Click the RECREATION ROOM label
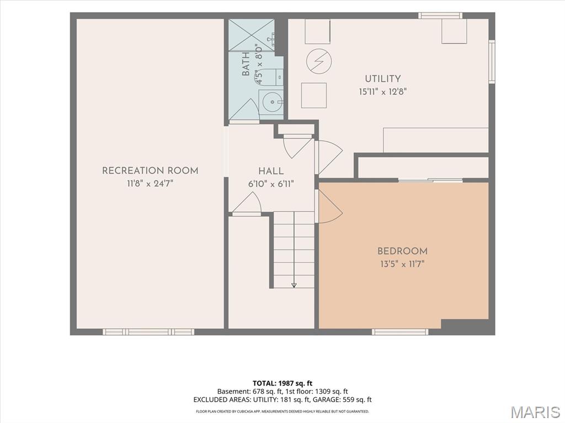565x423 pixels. click(x=150, y=170)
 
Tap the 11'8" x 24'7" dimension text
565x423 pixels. click(x=150, y=184)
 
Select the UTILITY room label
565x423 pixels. click(x=383, y=78)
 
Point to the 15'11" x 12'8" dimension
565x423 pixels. click(x=383, y=92)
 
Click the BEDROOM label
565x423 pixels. click(x=402, y=251)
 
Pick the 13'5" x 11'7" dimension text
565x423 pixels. click(x=402, y=264)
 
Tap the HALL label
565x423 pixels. click(x=271, y=171)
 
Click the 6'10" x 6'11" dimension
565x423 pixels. click(x=271, y=184)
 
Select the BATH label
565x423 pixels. click(x=246, y=64)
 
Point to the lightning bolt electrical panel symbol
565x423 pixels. click(x=319, y=61)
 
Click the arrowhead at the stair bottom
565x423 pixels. click(x=294, y=285)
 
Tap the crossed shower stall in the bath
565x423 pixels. click(x=252, y=35)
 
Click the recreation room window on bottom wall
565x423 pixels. click(x=148, y=332)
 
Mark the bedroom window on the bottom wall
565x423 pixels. click(x=401, y=332)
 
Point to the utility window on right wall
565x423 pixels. click(x=492, y=62)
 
